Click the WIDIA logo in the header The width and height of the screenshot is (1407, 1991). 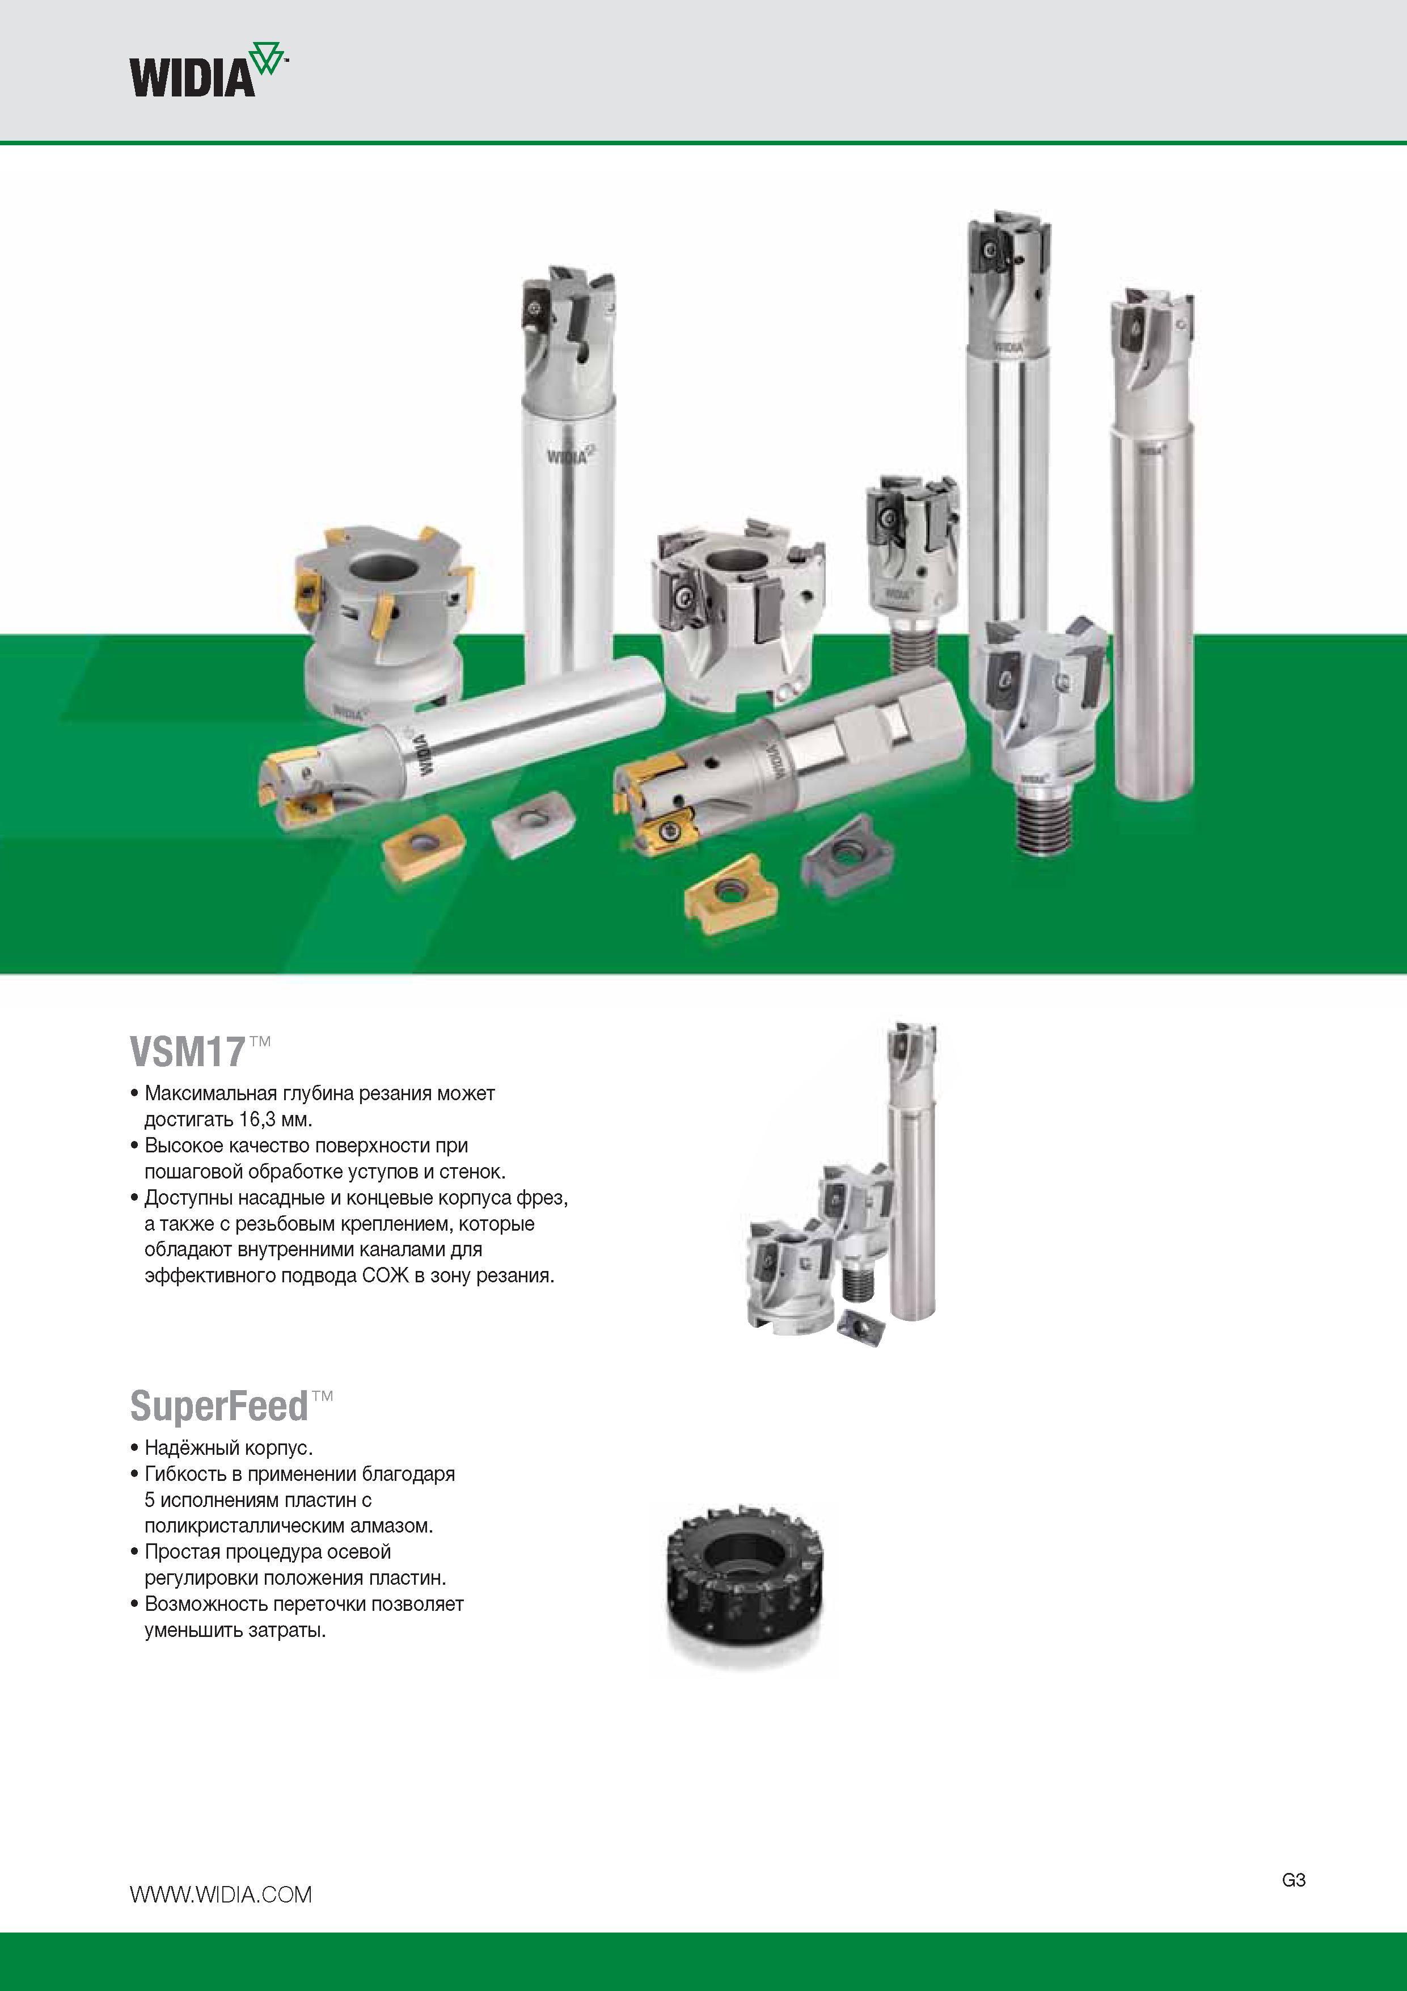[x=209, y=76]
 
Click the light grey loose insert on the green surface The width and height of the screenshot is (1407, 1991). [x=523, y=822]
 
